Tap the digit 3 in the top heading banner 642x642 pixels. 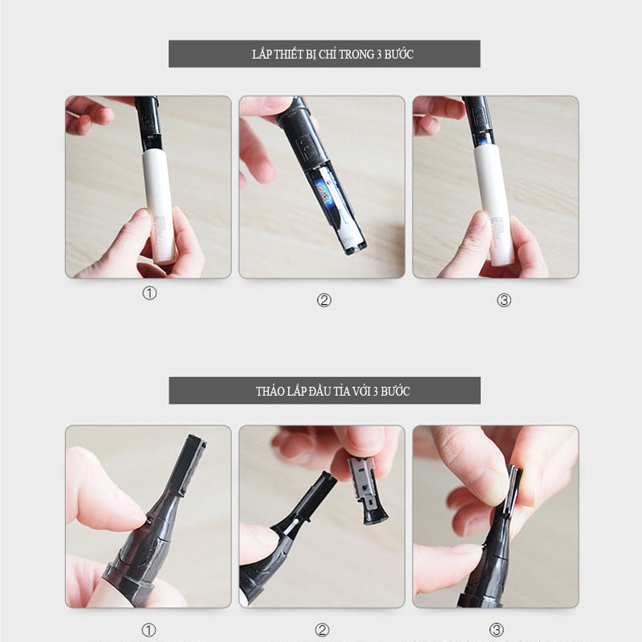(x=379, y=55)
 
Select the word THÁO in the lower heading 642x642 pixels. (x=270, y=391)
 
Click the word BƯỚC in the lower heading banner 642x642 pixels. (x=395, y=391)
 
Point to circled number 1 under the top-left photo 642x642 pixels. (x=149, y=293)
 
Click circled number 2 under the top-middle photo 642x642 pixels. (x=324, y=300)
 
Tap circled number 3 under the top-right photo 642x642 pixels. (x=504, y=300)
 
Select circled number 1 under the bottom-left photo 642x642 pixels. (x=148, y=630)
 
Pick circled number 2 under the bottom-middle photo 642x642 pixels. (x=323, y=630)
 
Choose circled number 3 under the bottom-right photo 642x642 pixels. (x=497, y=630)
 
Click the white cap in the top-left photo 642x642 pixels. (x=159, y=205)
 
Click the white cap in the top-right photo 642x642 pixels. (x=493, y=204)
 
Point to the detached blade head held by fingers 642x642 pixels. (x=367, y=490)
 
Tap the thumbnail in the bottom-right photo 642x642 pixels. (x=492, y=486)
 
